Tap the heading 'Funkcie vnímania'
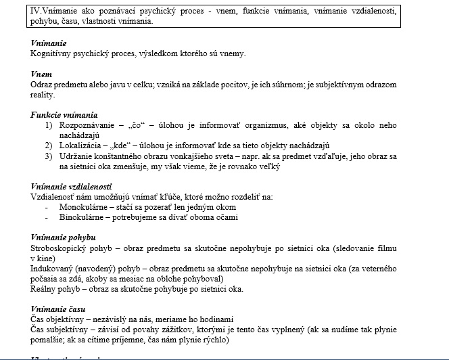point(64,115)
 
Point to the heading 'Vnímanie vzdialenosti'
point(72,187)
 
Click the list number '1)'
point(49,125)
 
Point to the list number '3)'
point(49,156)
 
